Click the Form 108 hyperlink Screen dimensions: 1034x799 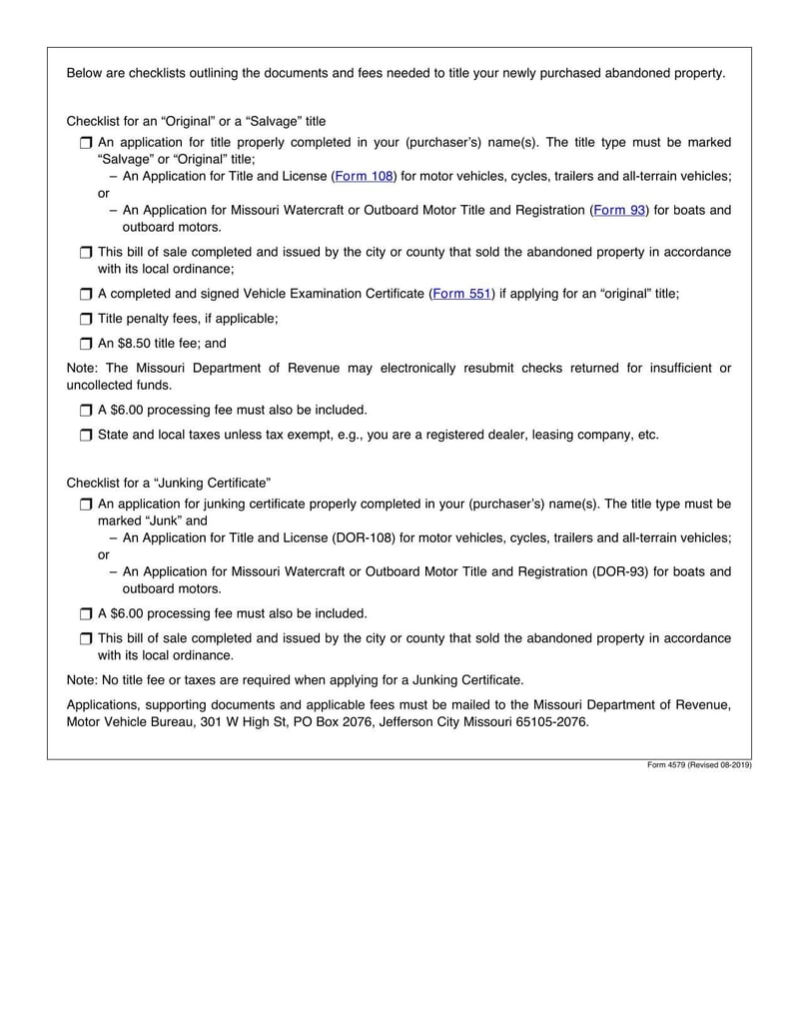click(365, 177)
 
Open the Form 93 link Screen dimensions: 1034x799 click(620, 211)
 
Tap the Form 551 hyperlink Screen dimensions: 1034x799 click(461, 295)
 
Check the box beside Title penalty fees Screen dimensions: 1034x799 click(85, 320)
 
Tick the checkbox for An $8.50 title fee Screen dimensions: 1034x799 click(85, 344)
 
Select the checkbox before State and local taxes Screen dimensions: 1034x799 click(85, 436)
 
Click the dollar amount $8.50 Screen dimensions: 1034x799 click(135, 344)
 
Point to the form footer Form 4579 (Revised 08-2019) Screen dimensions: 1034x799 click(699, 765)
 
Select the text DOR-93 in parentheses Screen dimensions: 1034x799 click(622, 572)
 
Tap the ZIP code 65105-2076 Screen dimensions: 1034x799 click(548, 722)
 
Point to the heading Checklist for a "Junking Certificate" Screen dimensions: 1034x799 click(169, 483)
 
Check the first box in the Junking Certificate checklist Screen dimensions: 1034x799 click(85, 506)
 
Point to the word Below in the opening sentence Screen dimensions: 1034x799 click(84, 74)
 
